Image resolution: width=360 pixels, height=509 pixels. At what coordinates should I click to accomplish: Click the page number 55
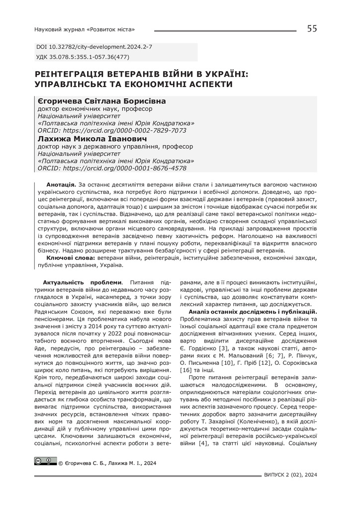pyautogui.click(x=312, y=29)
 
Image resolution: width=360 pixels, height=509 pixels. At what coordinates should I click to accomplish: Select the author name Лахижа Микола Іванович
pyautogui.click(x=92, y=139)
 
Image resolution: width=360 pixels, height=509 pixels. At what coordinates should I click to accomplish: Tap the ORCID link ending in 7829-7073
pyautogui.click(x=112, y=130)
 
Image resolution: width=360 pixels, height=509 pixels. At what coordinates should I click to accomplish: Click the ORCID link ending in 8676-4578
pyautogui.click(x=112, y=168)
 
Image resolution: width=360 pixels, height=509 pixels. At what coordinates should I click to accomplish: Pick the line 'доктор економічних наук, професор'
pyautogui.click(x=95, y=109)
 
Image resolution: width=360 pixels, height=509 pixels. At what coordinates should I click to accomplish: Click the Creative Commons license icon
pyautogui.click(x=45, y=461)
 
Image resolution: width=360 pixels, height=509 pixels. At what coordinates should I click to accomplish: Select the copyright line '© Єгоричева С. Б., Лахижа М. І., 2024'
pyautogui.click(x=107, y=463)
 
